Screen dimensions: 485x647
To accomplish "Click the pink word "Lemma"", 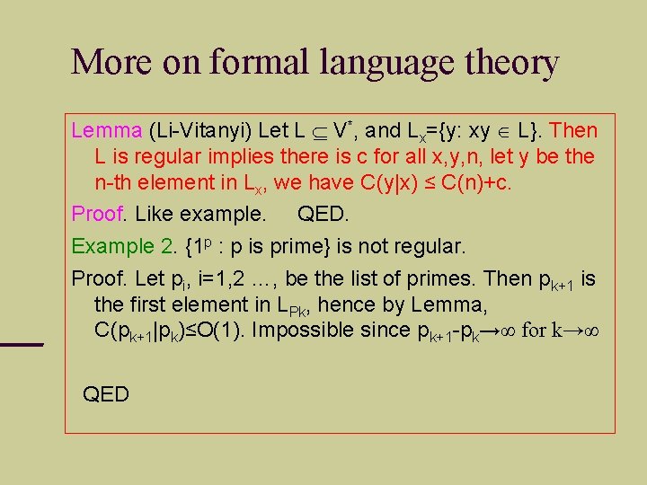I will click(106, 130).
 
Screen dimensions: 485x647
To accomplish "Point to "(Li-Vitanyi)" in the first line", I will click(199, 130).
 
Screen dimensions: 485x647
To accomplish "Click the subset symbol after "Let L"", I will click(319, 131).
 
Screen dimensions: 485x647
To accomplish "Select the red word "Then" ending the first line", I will click(572, 130).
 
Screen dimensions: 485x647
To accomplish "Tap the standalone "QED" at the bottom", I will click(105, 393).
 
